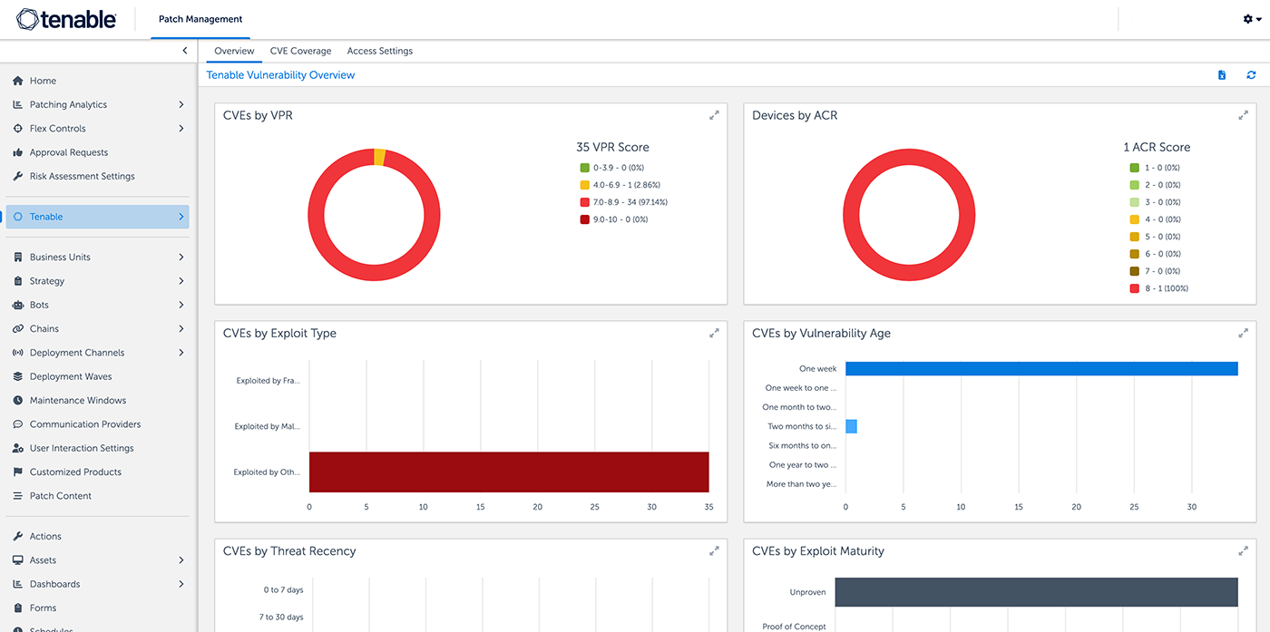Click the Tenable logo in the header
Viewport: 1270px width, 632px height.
66,19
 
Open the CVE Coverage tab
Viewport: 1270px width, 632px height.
300,51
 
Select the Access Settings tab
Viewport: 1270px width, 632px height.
379,51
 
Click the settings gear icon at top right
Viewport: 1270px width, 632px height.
1248,19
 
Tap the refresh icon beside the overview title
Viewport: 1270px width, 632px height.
1251,75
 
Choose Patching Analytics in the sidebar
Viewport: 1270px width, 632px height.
68,104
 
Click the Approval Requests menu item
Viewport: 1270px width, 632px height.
68,152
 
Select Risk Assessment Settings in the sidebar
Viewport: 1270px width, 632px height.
82,176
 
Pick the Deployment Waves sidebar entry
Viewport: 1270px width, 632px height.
71,376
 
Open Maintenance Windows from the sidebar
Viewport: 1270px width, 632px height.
77,400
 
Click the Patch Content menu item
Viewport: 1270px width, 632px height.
60,496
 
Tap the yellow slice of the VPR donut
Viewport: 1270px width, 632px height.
379,157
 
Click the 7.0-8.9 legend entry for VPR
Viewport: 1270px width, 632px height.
630,202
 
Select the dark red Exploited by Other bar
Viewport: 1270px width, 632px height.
508,472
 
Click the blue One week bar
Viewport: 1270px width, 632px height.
1041,368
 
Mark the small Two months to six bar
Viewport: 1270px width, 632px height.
851,426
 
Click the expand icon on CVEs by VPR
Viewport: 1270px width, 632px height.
714,115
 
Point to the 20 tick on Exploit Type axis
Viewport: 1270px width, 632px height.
537,507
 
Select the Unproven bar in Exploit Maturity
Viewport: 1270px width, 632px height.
1036,592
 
